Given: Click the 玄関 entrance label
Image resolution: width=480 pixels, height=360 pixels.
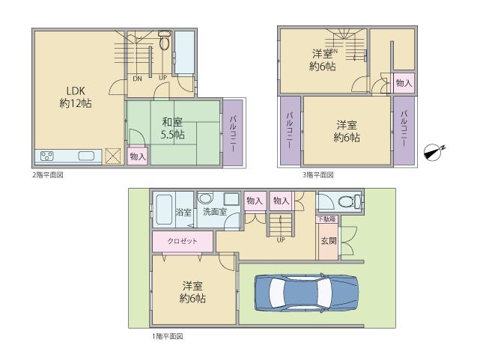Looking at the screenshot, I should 328,241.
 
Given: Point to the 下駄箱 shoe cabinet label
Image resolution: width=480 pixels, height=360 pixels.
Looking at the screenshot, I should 326,219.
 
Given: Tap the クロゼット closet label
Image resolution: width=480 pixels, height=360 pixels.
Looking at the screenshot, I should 183,242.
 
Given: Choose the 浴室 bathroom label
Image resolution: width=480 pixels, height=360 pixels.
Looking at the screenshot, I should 183,212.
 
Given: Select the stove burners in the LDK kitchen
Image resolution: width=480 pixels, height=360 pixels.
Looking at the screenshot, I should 47,156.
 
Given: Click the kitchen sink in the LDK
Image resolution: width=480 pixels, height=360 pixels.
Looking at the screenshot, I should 85,156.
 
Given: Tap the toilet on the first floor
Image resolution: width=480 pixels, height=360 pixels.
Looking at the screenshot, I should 344,201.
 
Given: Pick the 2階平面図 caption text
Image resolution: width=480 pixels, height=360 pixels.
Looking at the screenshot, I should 47,175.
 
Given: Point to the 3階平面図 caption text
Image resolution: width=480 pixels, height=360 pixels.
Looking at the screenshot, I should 318,175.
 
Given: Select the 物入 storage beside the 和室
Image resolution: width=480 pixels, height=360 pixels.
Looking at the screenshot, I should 137,156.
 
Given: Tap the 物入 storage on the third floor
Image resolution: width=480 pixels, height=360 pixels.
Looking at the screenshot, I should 403,82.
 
